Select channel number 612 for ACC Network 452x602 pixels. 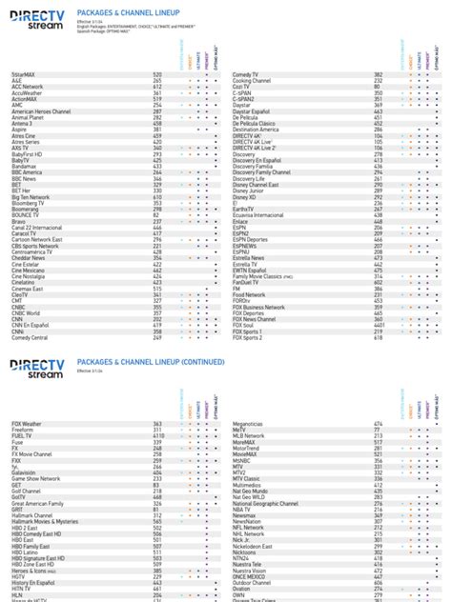pos(157,86)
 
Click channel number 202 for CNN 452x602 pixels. pos(157,319)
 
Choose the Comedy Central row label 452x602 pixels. pos(30,337)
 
